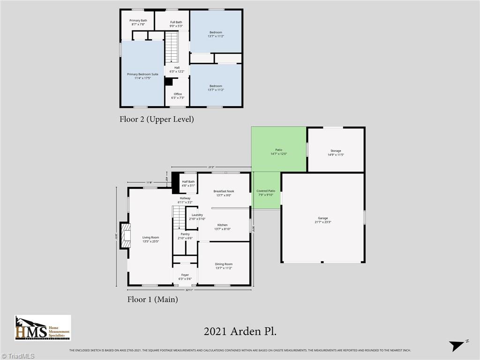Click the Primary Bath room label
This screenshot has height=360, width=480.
138,22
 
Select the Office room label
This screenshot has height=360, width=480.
178,96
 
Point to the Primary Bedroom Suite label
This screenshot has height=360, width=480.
142,76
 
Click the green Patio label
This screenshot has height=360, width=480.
279,152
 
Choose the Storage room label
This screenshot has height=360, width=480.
336,152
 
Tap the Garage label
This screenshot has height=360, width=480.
322,220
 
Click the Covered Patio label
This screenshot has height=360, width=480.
266,193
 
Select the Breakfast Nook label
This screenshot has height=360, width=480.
224,193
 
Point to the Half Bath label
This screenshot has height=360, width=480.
188,183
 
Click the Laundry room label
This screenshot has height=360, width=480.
197,217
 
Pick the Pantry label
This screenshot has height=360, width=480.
185,236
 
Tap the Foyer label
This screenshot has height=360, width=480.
185,277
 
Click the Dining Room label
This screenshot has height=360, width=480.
224,266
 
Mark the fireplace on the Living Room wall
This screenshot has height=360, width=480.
125,235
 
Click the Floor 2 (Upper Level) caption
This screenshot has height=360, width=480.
157,119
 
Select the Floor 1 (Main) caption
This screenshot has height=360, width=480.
152,299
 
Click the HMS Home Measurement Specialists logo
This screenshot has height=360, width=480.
43,328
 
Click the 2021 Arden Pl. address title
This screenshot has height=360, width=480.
240,331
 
